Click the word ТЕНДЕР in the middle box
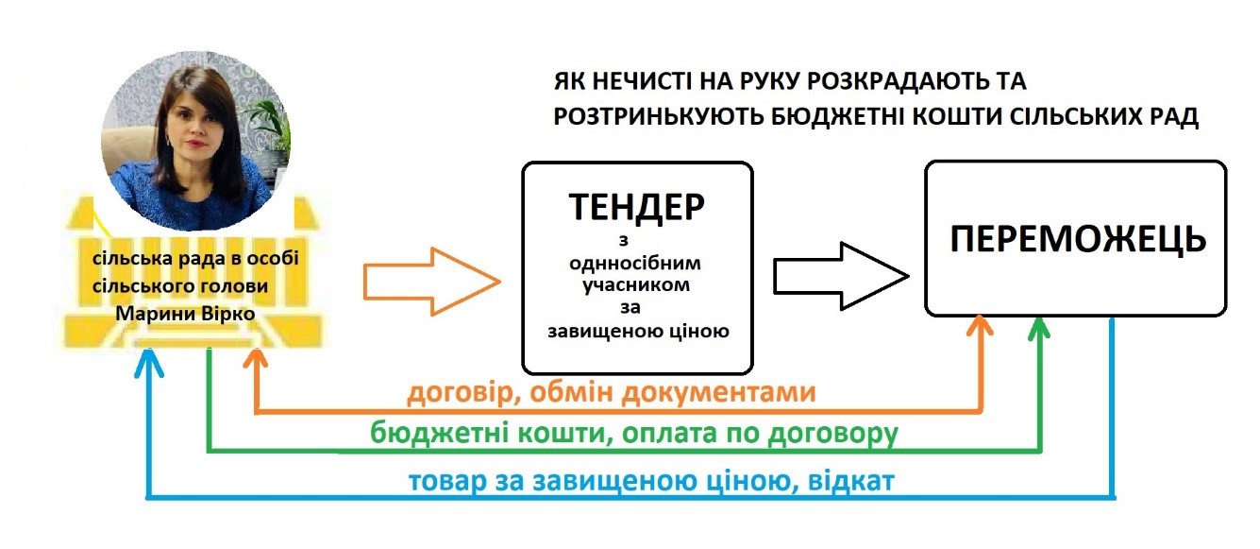pyautogui.click(x=637, y=207)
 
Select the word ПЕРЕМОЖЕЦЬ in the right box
pyautogui.click(x=1076, y=239)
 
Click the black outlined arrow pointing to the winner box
pyautogui.click(x=840, y=275)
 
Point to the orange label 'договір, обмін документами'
pyautogui.click(x=611, y=392)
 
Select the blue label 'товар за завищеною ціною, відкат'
pyautogui.click(x=651, y=481)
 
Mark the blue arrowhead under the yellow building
pyautogui.click(x=147, y=360)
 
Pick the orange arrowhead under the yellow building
pyautogui.click(x=256, y=360)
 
